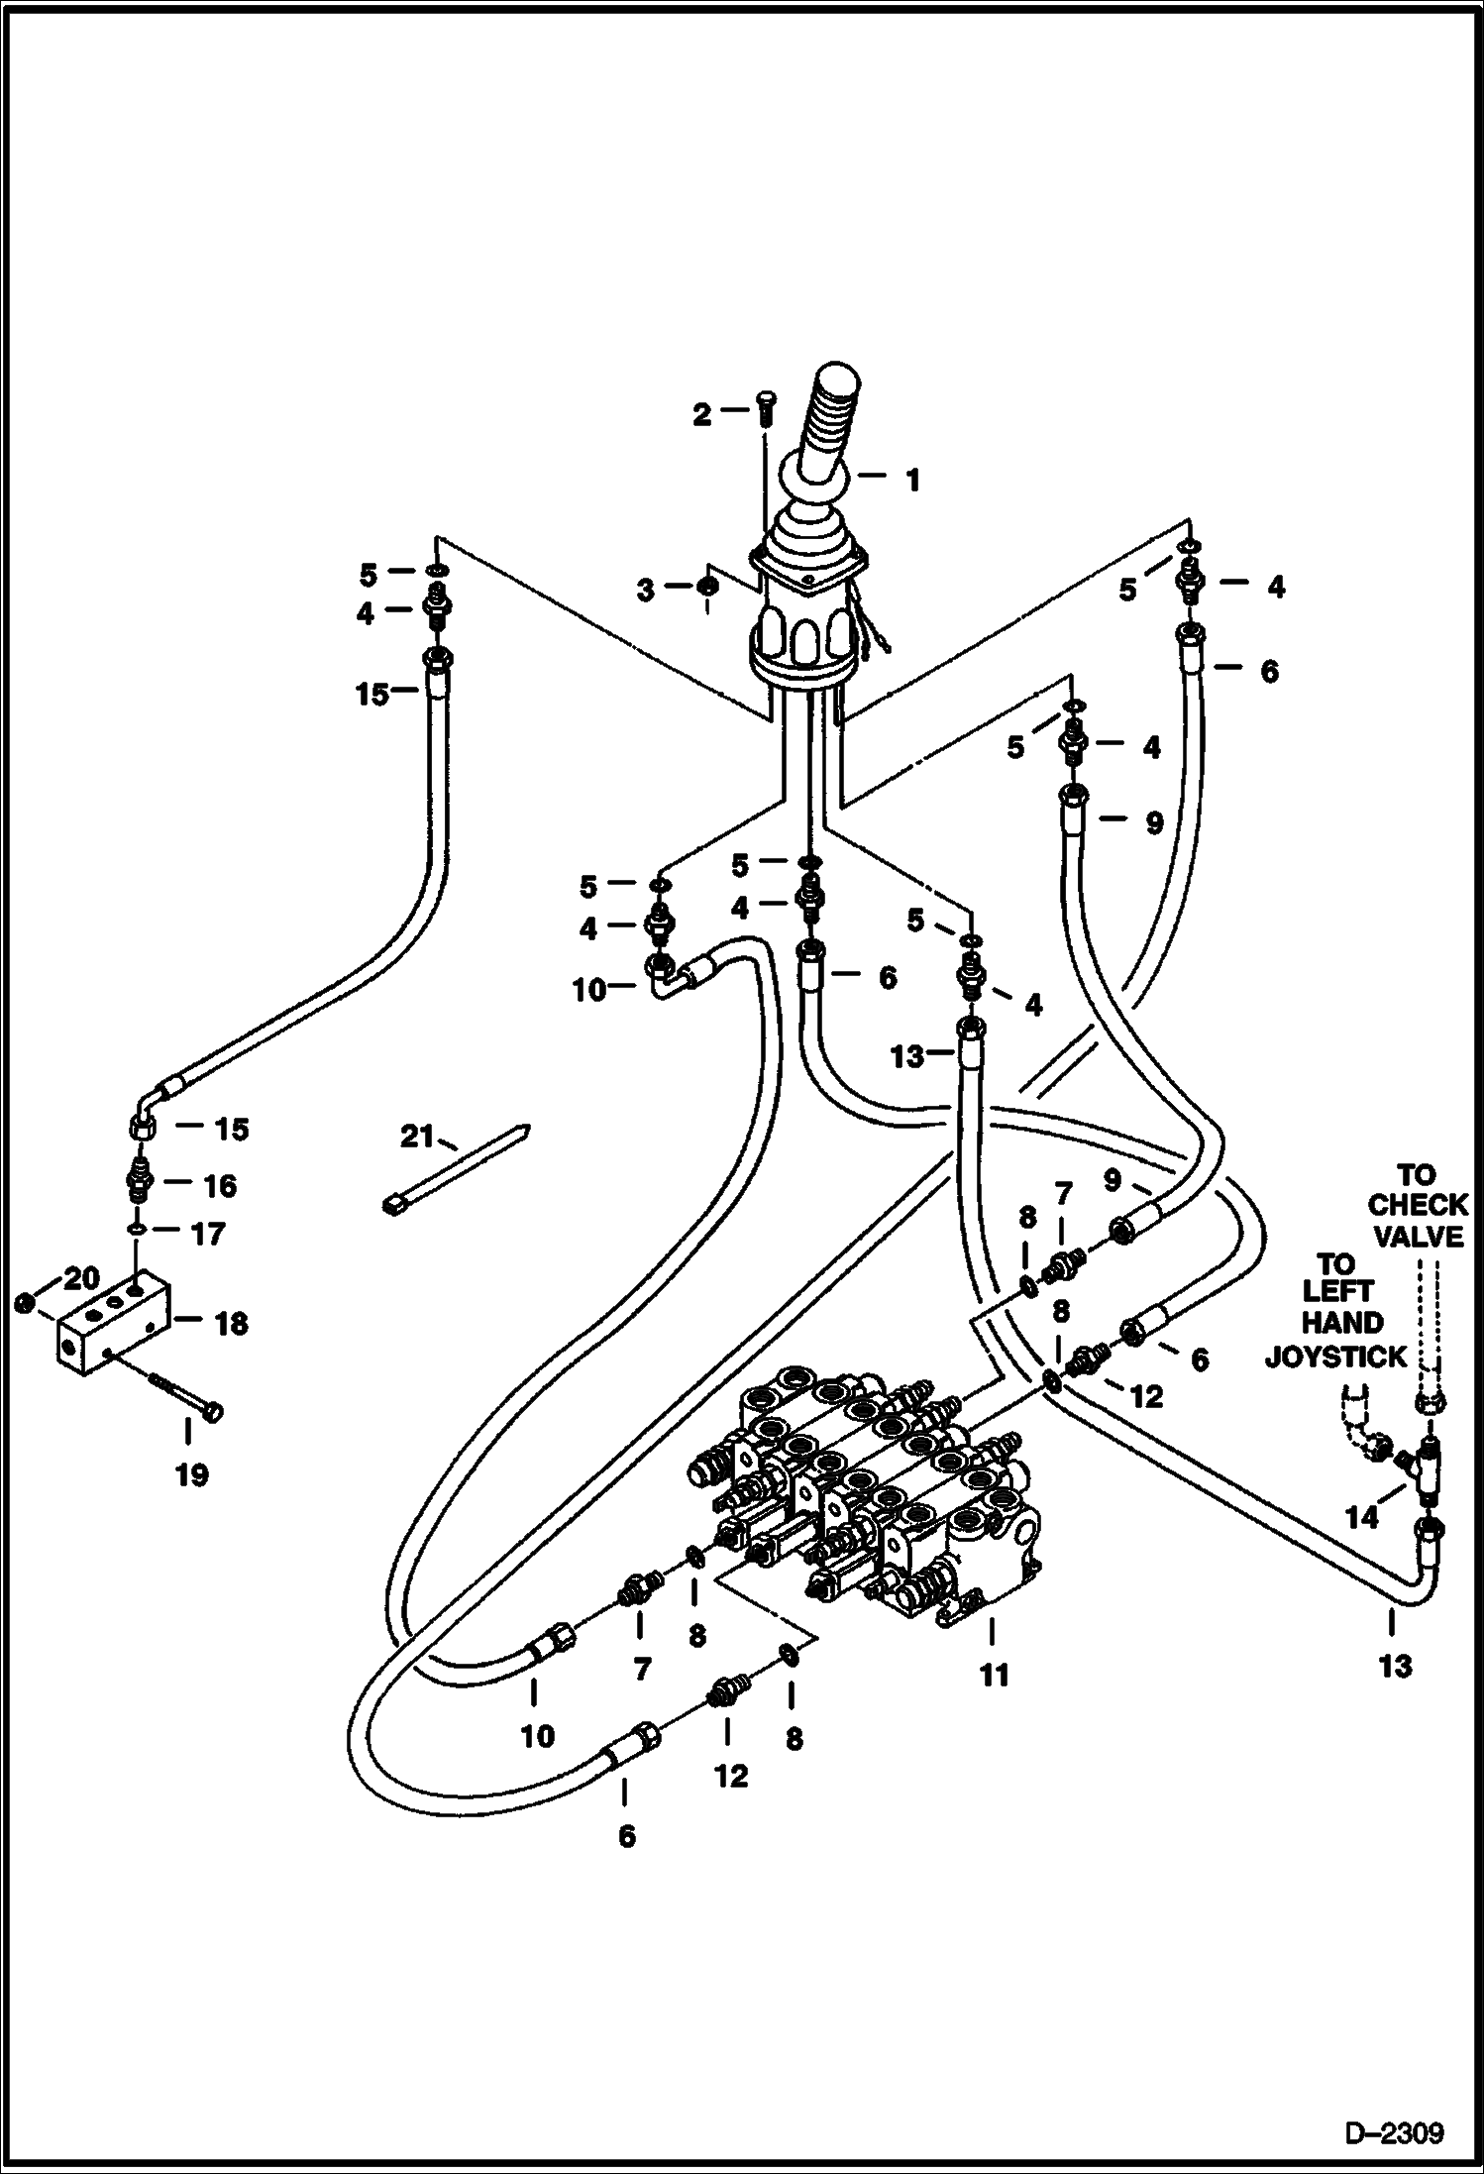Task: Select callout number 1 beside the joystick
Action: [912, 481]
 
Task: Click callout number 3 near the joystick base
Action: [646, 591]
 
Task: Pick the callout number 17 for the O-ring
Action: [208, 1234]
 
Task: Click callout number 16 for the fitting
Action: [220, 1185]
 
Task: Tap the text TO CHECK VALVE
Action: [1417, 1206]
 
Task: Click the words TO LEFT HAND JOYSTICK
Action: [1335, 1308]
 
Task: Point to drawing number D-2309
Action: [1394, 2130]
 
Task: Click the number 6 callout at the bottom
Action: [626, 1836]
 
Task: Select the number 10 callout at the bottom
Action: [537, 1735]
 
